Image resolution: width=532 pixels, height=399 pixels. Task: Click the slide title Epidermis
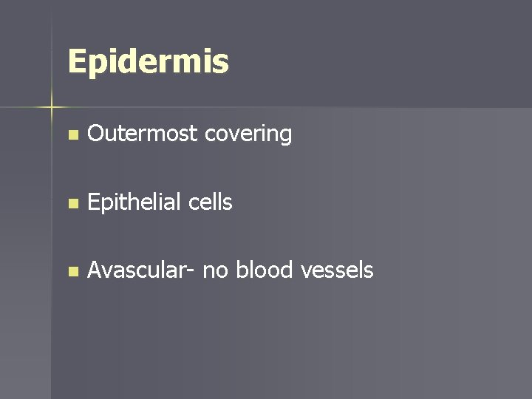148,62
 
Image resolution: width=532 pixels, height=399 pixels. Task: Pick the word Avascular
137,270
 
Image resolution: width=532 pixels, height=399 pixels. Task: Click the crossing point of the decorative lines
52,108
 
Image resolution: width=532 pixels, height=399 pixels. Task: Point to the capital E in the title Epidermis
76,62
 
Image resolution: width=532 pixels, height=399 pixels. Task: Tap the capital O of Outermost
95,134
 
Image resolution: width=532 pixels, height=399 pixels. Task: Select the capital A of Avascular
95,270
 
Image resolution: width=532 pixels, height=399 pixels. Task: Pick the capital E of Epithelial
93,202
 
